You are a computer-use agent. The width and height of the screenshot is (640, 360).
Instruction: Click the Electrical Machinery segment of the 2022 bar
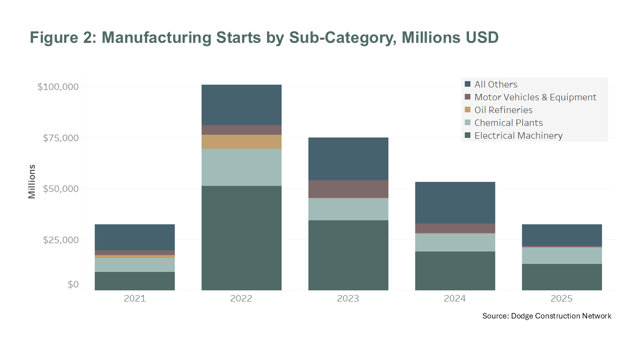(241, 237)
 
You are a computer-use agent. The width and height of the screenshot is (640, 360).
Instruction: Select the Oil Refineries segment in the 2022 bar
(241, 141)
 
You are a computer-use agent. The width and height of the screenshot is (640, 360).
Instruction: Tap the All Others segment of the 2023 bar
(348, 158)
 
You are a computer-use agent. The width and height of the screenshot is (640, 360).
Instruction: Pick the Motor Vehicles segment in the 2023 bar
(348, 189)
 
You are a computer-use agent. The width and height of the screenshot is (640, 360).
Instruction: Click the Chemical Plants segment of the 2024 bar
(455, 242)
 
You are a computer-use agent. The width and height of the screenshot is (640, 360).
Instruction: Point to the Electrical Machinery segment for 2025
(561, 277)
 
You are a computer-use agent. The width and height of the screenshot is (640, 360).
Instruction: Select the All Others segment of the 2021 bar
(134, 237)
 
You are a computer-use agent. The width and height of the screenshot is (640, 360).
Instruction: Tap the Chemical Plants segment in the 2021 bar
(134, 265)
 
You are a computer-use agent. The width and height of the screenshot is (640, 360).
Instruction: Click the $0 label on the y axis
(73, 284)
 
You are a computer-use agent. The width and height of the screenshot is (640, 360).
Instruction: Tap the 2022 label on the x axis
(241, 299)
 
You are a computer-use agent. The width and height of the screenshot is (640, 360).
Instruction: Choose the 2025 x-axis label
(561, 299)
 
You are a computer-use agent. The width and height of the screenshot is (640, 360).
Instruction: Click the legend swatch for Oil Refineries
(467, 110)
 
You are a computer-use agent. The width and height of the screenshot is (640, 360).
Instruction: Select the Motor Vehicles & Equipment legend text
(535, 97)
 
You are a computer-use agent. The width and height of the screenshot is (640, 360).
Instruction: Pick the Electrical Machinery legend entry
(518, 135)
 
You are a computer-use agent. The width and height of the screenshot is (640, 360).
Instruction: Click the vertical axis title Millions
(32, 181)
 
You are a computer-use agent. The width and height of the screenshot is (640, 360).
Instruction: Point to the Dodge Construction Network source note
(546, 316)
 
